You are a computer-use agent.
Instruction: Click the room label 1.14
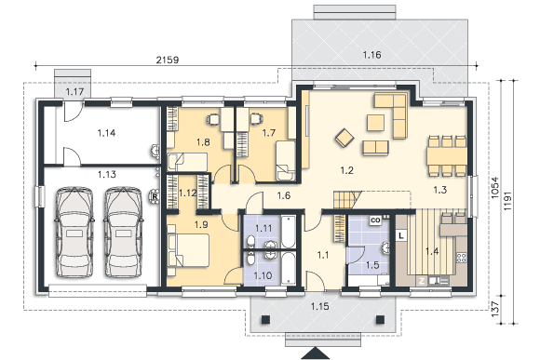106,133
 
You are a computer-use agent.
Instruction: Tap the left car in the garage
74,233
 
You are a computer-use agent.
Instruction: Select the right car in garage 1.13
123,233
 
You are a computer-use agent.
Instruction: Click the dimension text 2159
168,60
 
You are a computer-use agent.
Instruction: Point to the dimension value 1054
495,188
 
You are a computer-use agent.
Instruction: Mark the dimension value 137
495,309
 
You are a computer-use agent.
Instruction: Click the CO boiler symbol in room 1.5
375,220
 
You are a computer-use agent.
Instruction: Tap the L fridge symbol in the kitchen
401,235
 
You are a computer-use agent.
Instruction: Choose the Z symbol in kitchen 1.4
422,281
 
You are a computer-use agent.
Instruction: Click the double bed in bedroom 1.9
188,250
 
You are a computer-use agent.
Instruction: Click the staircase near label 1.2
347,200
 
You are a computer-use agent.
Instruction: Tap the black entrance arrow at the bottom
316,353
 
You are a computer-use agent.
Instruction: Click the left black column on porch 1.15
265,320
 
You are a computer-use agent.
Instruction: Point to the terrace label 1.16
371,55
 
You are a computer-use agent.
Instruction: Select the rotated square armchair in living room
344,138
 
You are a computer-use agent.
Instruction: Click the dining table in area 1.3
447,156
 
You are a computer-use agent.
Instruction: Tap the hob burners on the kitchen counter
462,258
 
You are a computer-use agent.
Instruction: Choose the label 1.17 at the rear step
74,92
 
